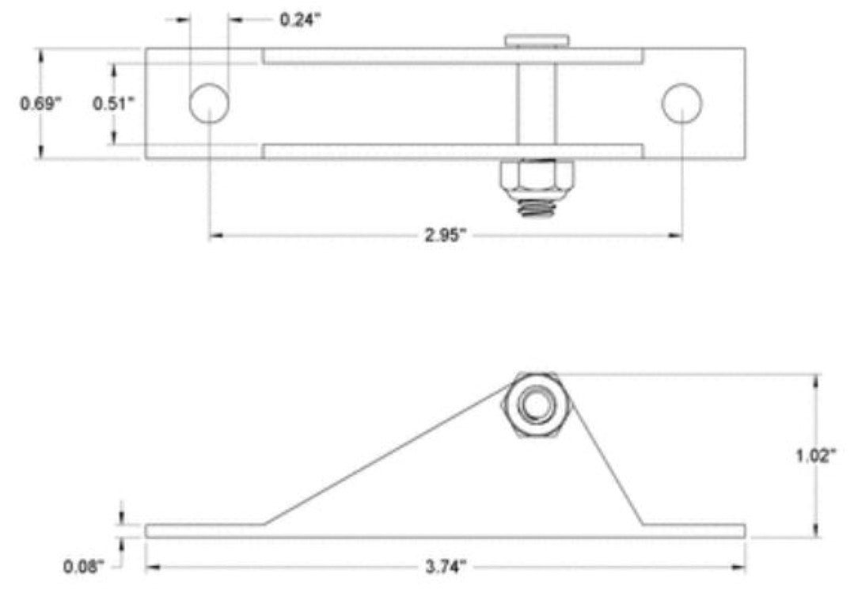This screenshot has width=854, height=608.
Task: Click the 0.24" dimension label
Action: pyautogui.click(x=300, y=20)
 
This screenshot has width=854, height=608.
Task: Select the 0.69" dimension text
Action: pyautogui.click(x=39, y=104)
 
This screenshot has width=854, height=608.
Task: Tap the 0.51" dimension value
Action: pyautogui.click(x=112, y=104)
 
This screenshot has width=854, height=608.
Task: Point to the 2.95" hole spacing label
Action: pyautogui.click(x=446, y=235)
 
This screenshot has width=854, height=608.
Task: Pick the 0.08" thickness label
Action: pyautogui.click(x=83, y=567)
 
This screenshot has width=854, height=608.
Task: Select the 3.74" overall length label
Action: pyautogui.click(x=446, y=567)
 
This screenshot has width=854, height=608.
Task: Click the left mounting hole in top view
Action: pyautogui.click(x=209, y=104)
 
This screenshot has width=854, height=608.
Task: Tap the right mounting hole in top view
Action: pyautogui.click(x=682, y=104)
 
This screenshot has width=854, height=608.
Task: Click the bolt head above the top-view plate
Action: pyautogui.click(x=537, y=41)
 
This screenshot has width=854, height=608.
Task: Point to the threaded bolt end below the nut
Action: pyautogui.click(x=537, y=209)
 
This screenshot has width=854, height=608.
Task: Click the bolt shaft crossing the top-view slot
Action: pyautogui.click(x=537, y=104)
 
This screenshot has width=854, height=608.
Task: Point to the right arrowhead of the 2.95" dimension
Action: pyautogui.click(x=675, y=235)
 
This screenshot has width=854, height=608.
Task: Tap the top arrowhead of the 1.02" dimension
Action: pyautogui.click(x=815, y=381)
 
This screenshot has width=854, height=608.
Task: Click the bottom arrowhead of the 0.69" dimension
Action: pyautogui.click(x=40, y=152)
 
